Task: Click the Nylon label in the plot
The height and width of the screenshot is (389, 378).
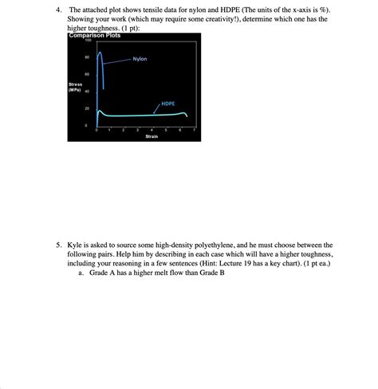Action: coord(140,59)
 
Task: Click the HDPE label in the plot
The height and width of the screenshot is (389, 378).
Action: coord(168,104)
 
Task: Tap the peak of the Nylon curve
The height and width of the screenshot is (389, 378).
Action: coord(99,53)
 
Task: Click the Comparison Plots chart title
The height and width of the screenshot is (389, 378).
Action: coord(94,35)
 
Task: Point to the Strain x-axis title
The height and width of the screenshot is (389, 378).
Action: coord(151,137)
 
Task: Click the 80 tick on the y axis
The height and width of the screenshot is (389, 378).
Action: coord(86,58)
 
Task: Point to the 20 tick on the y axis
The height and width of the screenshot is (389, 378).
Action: coord(86,108)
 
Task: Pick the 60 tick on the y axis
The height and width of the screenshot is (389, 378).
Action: coord(86,75)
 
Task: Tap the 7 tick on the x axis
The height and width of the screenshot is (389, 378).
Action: coord(194,129)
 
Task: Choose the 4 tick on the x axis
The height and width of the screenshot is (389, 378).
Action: coord(152,129)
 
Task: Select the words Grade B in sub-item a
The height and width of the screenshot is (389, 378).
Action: coord(215,273)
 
